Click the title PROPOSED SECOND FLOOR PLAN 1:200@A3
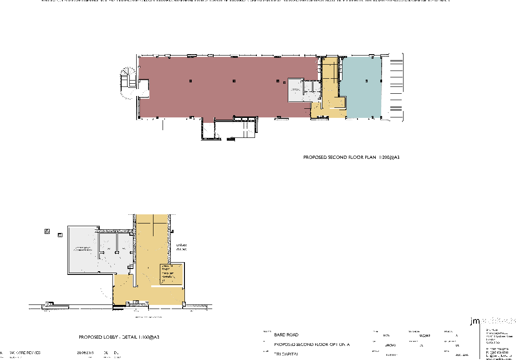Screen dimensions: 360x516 tap(351, 157)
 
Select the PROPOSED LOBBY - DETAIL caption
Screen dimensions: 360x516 tap(119, 337)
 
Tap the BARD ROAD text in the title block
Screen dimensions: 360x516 tap(286, 335)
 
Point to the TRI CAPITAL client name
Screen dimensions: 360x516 tap(286, 354)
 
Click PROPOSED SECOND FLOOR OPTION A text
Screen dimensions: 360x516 tap(312, 345)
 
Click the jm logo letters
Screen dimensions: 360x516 tap(475, 321)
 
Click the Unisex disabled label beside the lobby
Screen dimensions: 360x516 tap(182, 247)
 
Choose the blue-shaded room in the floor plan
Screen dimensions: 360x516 tap(362, 86)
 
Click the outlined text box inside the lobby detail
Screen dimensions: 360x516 tap(171, 274)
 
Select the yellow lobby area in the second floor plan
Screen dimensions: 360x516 tap(330, 89)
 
